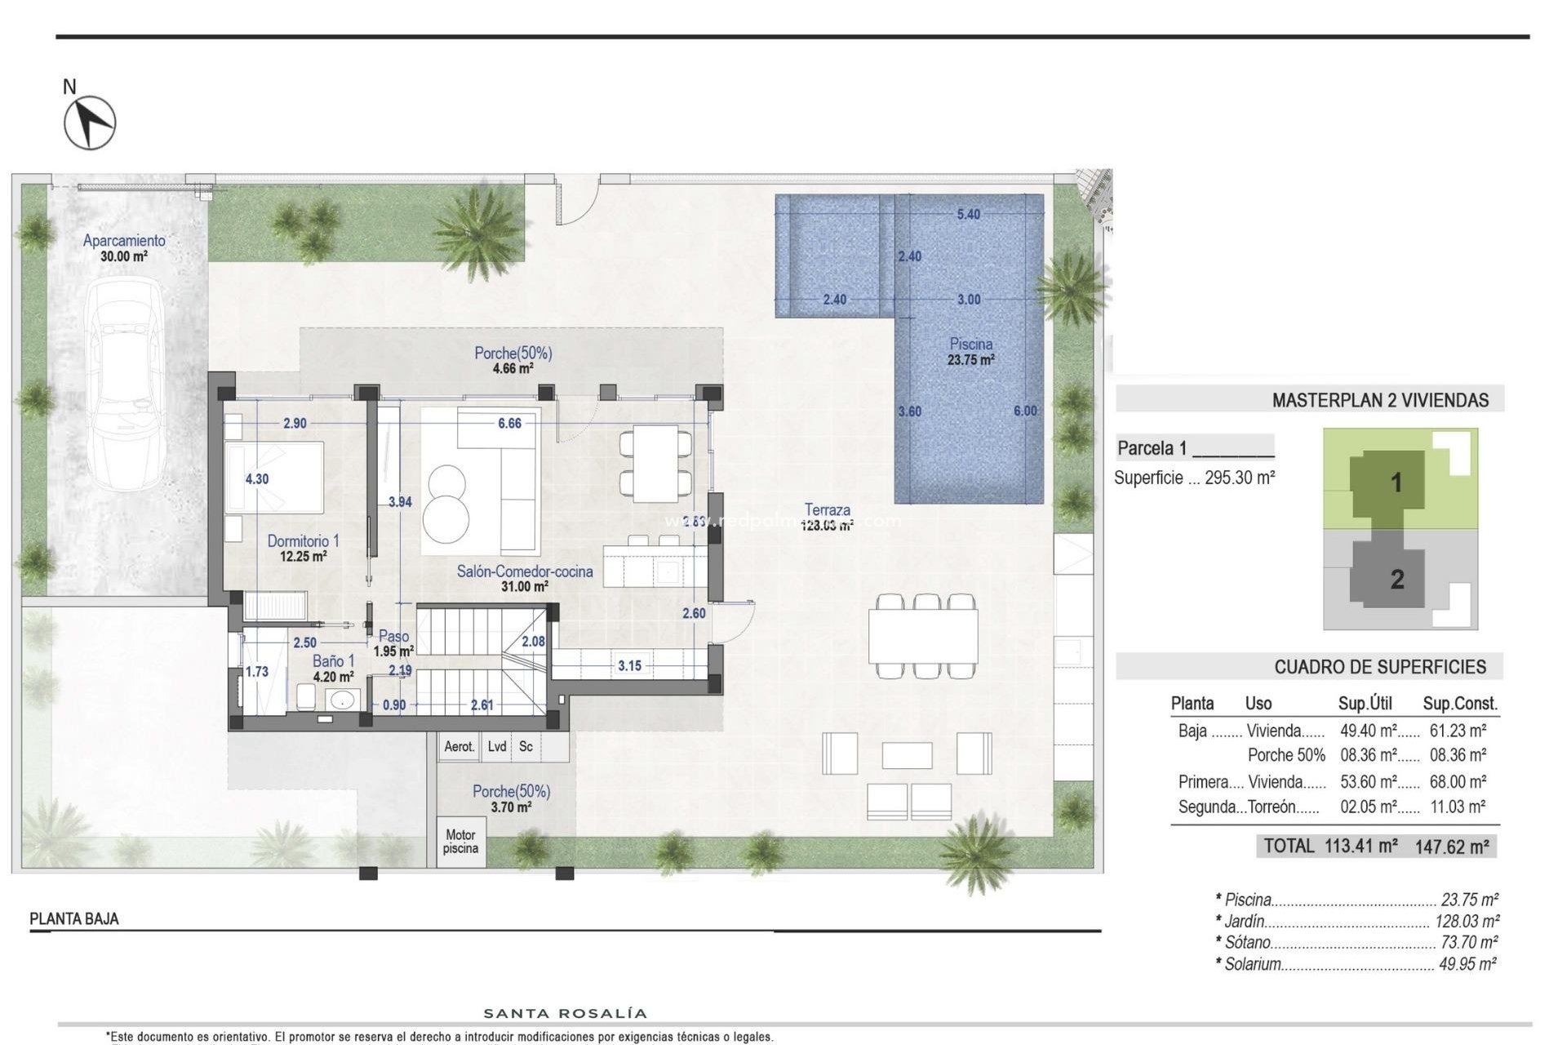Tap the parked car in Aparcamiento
[127, 384]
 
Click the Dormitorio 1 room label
[303, 541]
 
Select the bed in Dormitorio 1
[274, 478]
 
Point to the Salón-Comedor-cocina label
[524, 572]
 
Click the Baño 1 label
[333, 661]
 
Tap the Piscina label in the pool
[970, 345]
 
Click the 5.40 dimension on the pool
[968, 215]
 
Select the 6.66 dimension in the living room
[509, 423]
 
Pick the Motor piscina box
[460, 841]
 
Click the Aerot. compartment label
[459, 746]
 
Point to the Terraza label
[827, 510]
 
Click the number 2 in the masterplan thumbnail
[1396, 580]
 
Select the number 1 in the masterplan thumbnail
[1396, 482]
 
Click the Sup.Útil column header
[1365, 704]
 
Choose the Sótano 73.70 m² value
[1468, 942]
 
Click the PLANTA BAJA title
[74, 919]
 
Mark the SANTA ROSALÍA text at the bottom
[566, 1014]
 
